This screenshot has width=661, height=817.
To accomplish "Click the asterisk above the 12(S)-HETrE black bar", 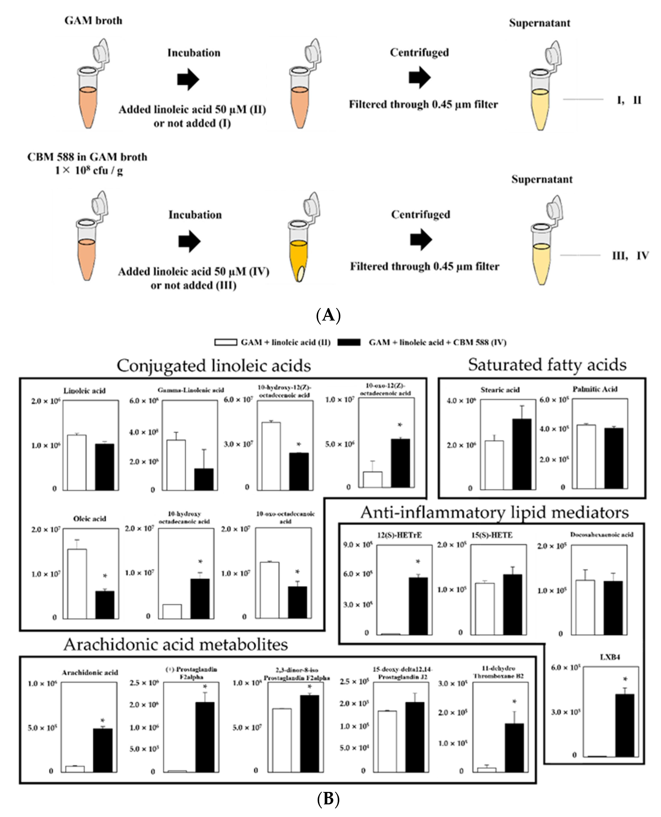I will coord(418,562).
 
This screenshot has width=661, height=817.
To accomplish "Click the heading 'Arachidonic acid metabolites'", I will coord(176,644).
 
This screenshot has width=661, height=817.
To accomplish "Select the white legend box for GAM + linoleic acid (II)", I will coord(226,342).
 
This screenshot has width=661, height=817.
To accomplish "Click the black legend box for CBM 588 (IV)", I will coord(349,342).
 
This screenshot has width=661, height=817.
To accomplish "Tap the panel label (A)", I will coord(328,316).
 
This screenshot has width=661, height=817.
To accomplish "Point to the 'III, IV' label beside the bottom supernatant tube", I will coord(630,256).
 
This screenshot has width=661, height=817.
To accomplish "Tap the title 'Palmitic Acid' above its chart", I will coord(595,389).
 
